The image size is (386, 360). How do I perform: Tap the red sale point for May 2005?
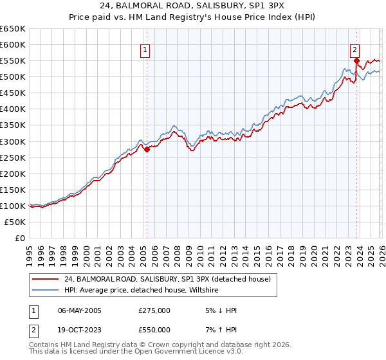[147, 149]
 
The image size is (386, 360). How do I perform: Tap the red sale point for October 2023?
[356, 60]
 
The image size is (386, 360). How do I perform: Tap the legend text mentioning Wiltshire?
[142, 291]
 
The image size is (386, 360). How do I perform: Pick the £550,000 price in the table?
[154, 329]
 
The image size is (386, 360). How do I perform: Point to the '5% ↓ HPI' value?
[219, 310]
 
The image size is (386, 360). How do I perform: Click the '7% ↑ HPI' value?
[219, 329]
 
